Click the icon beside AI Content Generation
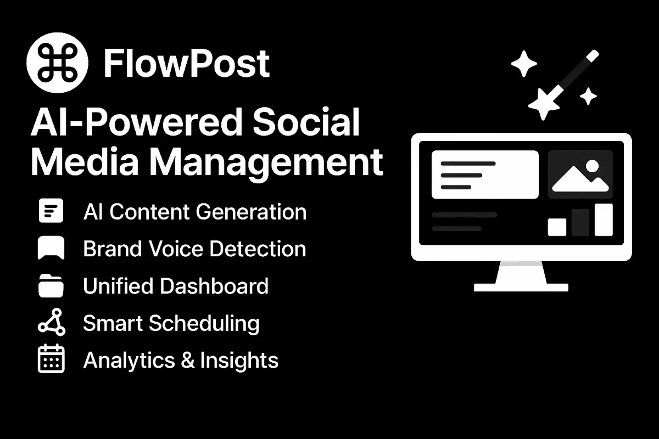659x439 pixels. (x=51, y=211)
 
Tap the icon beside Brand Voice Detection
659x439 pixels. (x=51, y=248)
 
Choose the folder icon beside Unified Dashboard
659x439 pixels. (x=51, y=286)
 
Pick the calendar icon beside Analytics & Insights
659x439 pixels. (x=51, y=359)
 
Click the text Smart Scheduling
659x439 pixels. (x=171, y=323)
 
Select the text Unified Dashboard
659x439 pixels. (x=176, y=286)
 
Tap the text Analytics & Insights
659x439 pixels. (x=181, y=360)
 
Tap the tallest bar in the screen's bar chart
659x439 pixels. (x=604, y=219)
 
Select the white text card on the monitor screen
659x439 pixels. (x=485, y=175)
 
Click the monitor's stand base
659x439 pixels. (x=521, y=286)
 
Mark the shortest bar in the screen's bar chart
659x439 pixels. (x=557, y=227)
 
